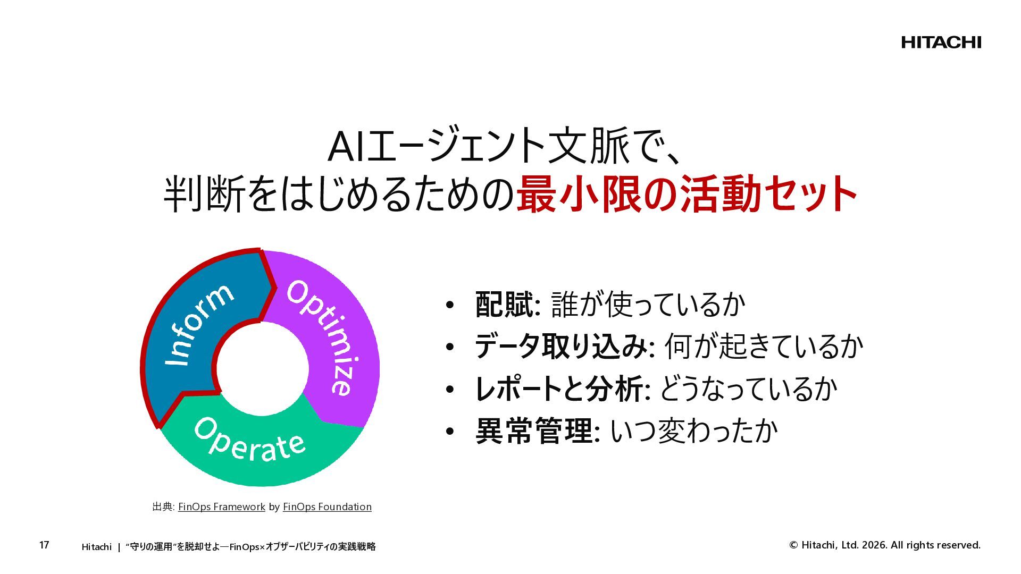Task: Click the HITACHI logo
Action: point(941,43)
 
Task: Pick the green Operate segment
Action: point(255,446)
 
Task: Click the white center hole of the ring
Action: point(262,369)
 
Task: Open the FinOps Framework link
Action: point(221,507)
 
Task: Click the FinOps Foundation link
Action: point(327,507)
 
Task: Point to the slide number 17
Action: point(44,545)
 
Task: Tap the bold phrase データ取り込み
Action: point(560,347)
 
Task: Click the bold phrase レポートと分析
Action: point(559,389)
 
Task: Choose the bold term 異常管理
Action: point(534,431)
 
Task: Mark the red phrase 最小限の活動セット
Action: point(686,195)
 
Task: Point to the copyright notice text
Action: point(885,545)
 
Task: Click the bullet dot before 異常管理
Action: point(450,432)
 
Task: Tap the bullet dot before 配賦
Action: point(450,305)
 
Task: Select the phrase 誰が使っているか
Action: point(648,305)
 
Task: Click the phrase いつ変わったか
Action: point(693,431)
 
